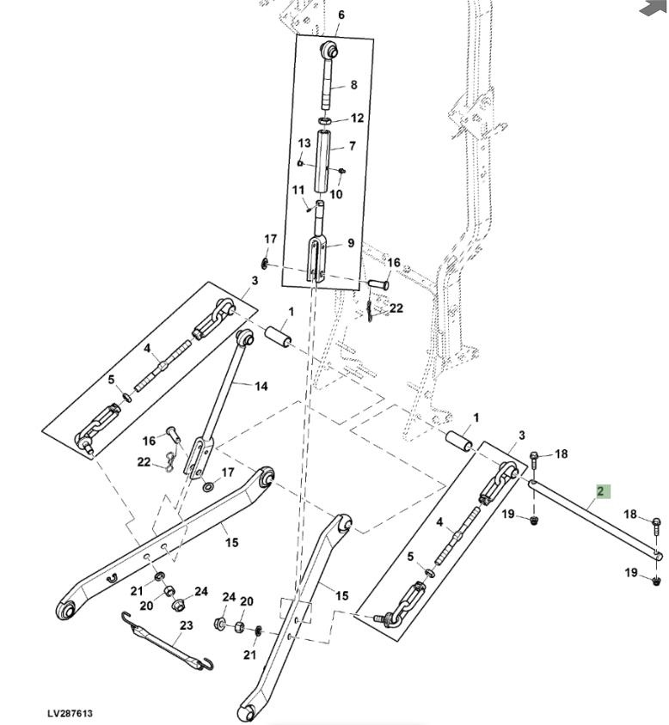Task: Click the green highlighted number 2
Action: (602, 492)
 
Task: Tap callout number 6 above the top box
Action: (341, 15)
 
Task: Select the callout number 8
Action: (353, 85)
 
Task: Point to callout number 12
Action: (357, 118)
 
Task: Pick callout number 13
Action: (304, 143)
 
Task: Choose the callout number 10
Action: (336, 194)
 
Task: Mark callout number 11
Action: (298, 190)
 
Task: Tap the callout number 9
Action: (351, 243)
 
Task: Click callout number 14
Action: (261, 387)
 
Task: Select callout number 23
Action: (186, 625)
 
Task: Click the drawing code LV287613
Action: (70, 714)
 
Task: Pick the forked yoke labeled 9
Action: (317, 253)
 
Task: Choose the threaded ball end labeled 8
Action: (329, 72)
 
